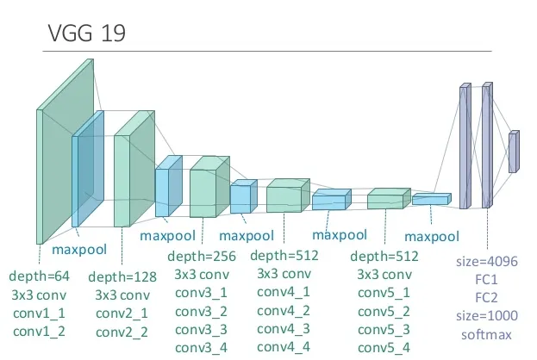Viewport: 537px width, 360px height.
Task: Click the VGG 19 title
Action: click(87, 33)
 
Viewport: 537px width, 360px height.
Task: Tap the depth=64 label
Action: click(39, 276)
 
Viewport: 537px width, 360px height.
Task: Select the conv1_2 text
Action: click(39, 332)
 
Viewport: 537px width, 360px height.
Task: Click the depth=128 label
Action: click(122, 276)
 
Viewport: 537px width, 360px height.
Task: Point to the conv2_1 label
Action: click(122, 313)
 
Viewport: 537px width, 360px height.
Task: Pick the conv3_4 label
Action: click(201, 348)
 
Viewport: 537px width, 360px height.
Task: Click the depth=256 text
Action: click(202, 257)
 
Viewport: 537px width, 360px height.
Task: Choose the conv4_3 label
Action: click(284, 329)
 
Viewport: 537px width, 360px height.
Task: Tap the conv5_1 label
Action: click(384, 293)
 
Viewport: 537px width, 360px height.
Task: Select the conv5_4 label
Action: click(384, 348)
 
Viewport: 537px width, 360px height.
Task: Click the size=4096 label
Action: click(487, 262)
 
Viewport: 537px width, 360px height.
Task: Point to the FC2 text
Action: click(486, 298)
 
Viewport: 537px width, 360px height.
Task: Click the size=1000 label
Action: click(487, 315)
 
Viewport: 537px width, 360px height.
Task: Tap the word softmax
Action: click(486, 334)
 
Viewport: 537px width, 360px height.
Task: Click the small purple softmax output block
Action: click(514, 152)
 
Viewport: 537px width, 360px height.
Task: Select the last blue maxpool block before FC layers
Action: click(432, 199)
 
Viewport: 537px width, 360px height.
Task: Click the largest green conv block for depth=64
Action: click(65, 152)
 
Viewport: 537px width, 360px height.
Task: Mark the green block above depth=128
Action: click(134, 169)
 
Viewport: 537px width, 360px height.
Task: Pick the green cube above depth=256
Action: click(209, 187)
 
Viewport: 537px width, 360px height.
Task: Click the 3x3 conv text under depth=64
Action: click(39, 295)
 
